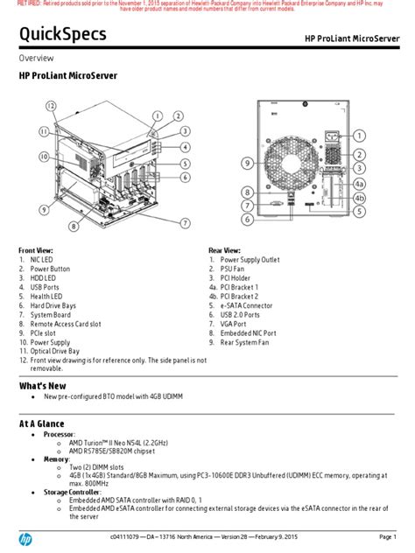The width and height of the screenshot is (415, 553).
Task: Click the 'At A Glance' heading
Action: pos(44,423)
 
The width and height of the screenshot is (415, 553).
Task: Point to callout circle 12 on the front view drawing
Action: pos(52,106)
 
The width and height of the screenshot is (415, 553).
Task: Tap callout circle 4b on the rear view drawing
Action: pos(359,198)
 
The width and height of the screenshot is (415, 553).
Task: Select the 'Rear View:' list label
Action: pos(227,250)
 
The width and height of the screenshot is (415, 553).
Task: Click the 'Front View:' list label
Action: pos(38,250)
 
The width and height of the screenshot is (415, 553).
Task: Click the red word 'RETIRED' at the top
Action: pos(18,4)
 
